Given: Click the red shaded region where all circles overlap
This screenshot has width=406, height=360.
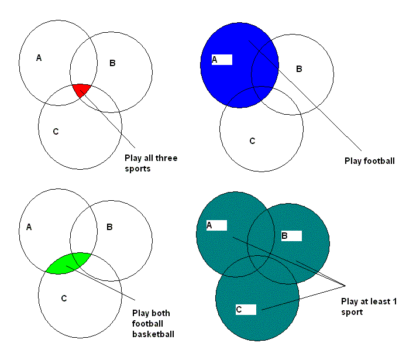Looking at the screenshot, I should [x=81, y=90].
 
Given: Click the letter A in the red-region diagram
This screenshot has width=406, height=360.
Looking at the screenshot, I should [x=39, y=57].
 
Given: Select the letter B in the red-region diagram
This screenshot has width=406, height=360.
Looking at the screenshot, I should [x=112, y=63].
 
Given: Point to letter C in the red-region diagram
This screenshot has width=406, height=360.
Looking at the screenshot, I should [x=56, y=131].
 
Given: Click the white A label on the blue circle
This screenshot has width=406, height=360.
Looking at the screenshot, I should [x=222, y=59].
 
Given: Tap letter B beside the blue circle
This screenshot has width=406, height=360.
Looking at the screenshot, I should [x=299, y=69].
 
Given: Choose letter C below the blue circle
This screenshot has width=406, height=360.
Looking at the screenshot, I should [x=252, y=140].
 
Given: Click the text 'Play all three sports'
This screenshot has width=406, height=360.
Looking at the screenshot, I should [x=151, y=163].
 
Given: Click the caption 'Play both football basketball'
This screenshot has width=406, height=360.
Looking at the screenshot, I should [x=154, y=323].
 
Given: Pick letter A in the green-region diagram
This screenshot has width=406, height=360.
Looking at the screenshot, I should [x=29, y=227].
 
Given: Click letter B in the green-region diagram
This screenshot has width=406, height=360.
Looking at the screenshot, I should [x=109, y=227].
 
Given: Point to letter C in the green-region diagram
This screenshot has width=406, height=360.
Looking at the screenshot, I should [x=64, y=299].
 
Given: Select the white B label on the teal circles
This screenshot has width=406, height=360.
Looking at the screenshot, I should [x=291, y=236].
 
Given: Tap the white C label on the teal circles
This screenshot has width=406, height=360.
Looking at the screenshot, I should [x=246, y=309].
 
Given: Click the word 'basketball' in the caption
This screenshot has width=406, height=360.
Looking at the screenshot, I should [x=154, y=334].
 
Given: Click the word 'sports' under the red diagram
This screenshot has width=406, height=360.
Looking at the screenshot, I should [x=138, y=169].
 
